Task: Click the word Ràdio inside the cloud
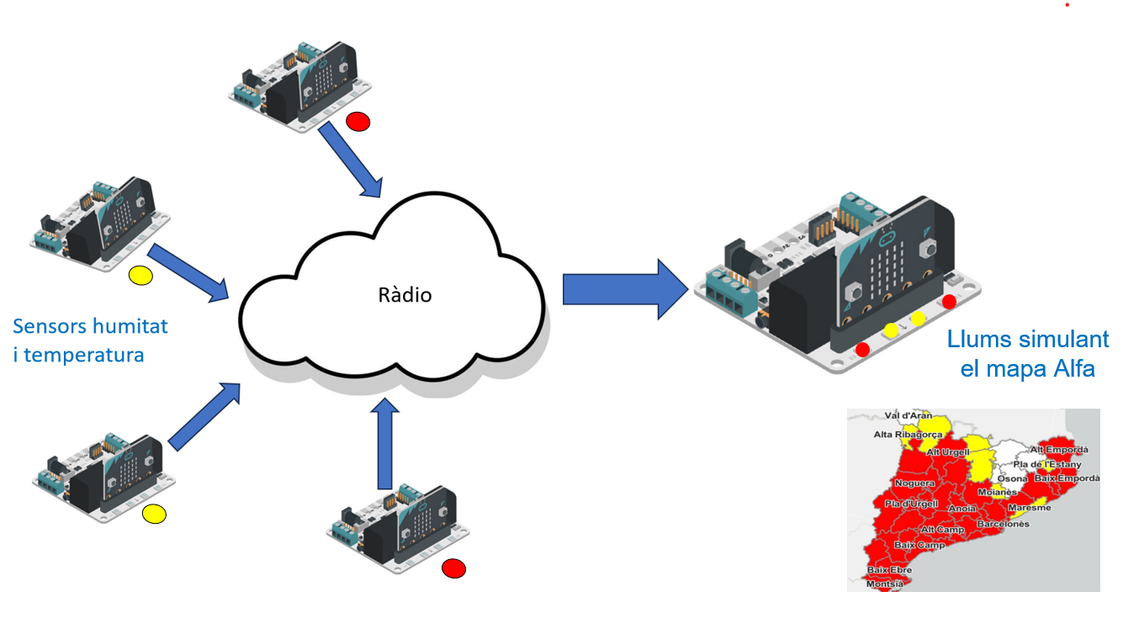(404, 295)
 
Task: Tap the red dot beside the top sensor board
(358, 122)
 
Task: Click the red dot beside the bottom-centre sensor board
(454, 569)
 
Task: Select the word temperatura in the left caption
(84, 355)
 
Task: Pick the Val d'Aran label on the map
(908, 415)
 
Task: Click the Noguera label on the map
(914, 483)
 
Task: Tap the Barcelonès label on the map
(1003, 524)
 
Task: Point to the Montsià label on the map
(885, 584)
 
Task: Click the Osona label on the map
(1012, 478)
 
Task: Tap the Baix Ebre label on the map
(889, 570)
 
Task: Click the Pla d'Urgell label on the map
(911, 504)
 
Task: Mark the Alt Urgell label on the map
(948, 452)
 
